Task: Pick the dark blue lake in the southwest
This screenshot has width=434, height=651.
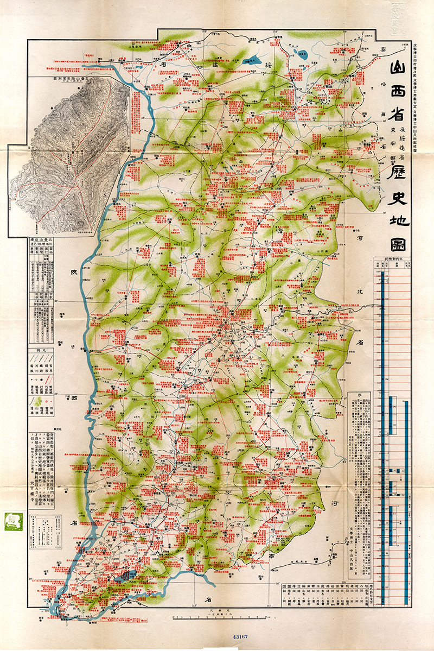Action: [126, 577]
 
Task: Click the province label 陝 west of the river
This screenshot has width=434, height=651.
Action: [74, 271]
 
